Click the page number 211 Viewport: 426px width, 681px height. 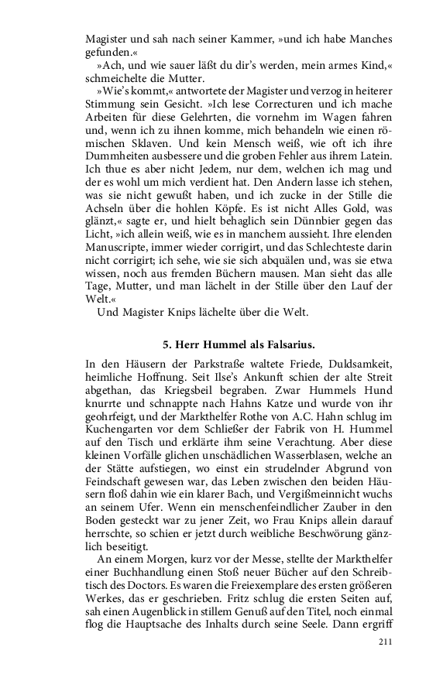[x=385, y=642]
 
